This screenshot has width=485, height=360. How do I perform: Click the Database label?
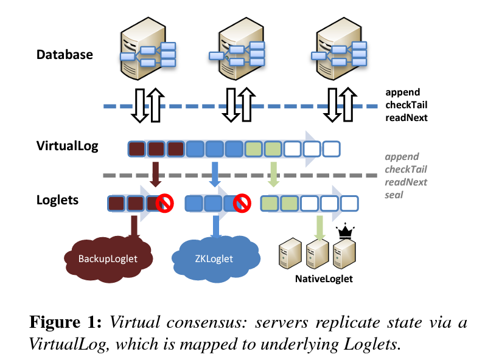(x=65, y=54)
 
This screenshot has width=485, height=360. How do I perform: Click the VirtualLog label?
(x=67, y=146)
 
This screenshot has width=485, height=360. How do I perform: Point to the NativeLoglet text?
(x=324, y=280)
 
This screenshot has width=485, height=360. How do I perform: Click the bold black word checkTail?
(x=406, y=105)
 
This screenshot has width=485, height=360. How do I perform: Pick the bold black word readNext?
(x=406, y=117)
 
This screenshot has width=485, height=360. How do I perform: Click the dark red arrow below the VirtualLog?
(x=156, y=173)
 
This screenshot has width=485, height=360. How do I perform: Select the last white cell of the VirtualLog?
(x=332, y=148)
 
